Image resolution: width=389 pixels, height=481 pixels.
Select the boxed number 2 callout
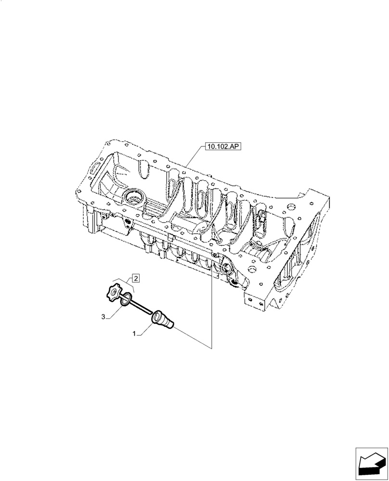tap(136, 278)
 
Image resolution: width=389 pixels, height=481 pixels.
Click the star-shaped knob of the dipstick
tap(114, 291)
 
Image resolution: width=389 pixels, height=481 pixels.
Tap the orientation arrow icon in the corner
tap(371, 464)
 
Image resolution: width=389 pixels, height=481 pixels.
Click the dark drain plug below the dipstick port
tap(234, 281)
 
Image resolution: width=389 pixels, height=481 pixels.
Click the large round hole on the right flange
tap(291, 208)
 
